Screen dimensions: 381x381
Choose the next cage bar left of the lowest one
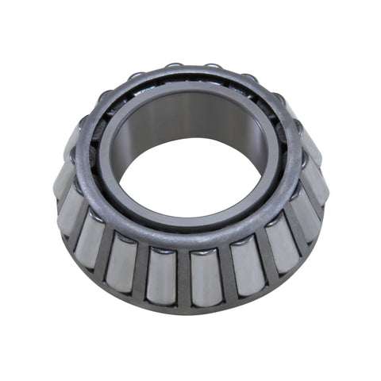coord(143,274)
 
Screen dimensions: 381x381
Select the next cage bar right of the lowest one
coord(224,273)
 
